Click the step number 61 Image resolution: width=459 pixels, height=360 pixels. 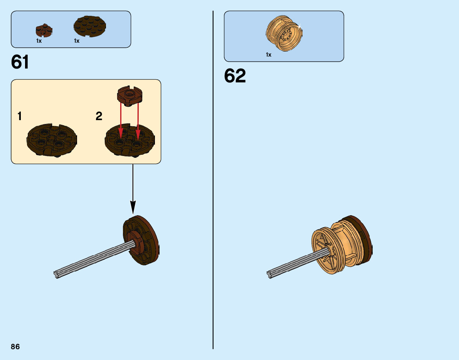[x=20, y=62]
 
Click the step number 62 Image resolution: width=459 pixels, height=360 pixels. [x=235, y=76]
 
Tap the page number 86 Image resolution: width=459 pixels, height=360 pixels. [x=15, y=347]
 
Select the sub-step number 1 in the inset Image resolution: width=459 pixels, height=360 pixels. [x=20, y=116]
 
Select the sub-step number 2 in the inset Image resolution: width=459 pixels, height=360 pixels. [x=99, y=116]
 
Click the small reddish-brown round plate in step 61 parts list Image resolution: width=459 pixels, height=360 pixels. [x=44, y=29]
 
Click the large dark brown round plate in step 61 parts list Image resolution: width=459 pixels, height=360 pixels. [x=89, y=26]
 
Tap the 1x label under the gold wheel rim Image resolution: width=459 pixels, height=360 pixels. [x=269, y=55]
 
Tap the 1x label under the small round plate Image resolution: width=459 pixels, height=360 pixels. [x=39, y=41]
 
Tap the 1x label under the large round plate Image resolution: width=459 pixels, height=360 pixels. [x=77, y=41]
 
